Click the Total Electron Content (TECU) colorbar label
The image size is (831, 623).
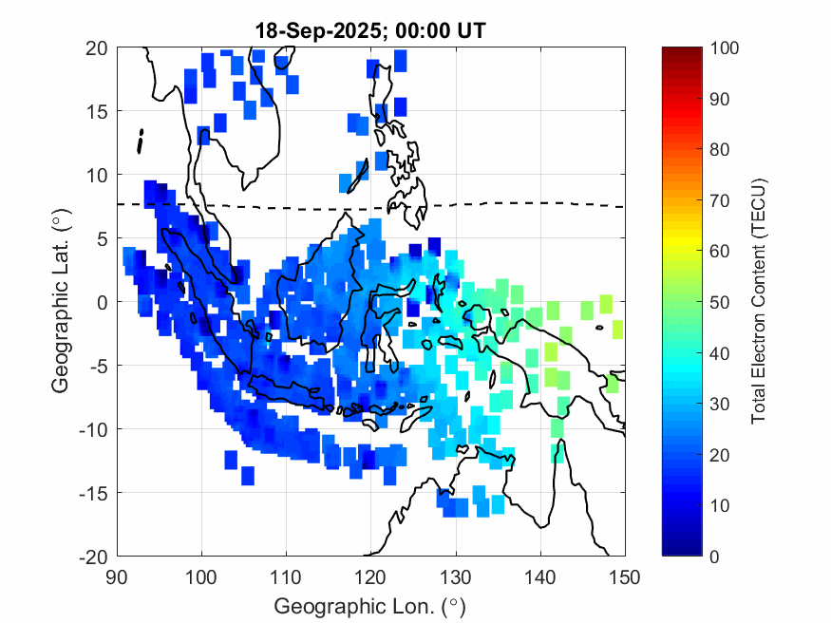tap(759, 301)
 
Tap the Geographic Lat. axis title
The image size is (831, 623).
tap(61, 301)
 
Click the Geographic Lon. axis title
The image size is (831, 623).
tap(370, 605)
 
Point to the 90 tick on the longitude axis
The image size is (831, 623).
tap(117, 576)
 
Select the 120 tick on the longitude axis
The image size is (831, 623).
tap(370, 576)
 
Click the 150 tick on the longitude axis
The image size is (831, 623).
tap(625, 576)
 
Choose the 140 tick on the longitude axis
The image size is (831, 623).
tap(540, 576)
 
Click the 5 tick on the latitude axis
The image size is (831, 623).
tap(99, 238)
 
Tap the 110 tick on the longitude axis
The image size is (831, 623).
tap(286, 576)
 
